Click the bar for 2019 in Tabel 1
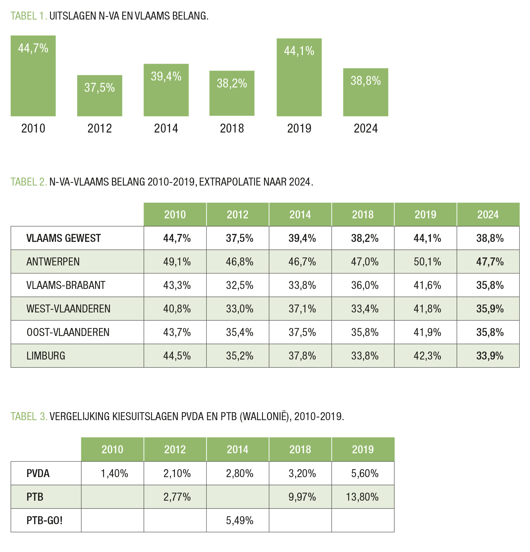(x=299, y=77)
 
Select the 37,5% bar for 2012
(x=99, y=95)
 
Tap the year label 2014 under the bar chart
(x=166, y=128)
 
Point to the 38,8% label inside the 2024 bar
(x=366, y=81)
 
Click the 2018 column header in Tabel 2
(x=363, y=215)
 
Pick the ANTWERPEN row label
(x=53, y=262)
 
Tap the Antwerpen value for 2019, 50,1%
(x=427, y=262)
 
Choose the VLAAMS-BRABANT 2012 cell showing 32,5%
(x=239, y=285)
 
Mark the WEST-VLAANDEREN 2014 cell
(x=302, y=309)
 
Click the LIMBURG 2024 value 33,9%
(x=490, y=356)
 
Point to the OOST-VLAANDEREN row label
(x=68, y=332)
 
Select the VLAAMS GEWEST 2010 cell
(x=177, y=238)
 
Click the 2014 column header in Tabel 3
(x=238, y=450)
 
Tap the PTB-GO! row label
(x=44, y=521)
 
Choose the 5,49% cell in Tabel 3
(x=239, y=521)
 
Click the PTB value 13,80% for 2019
(x=362, y=497)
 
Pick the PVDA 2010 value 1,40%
(x=114, y=473)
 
